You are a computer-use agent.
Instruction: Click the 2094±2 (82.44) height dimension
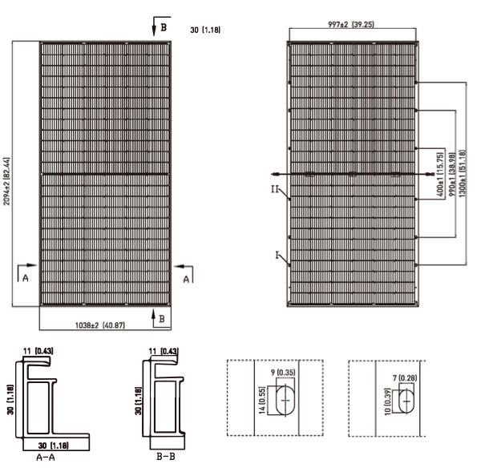pyautogui.click(x=6, y=181)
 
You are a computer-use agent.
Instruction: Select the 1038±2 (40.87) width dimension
pyautogui.click(x=100, y=325)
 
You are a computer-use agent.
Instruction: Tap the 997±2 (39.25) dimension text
pyautogui.click(x=351, y=24)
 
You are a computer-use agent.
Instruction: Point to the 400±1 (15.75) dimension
pyautogui.click(x=440, y=175)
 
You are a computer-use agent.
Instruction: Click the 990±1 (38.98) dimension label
pyautogui.click(x=452, y=175)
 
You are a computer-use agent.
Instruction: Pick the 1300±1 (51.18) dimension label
pyautogui.click(x=463, y=174)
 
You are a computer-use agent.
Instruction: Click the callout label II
pyautogui.click(x=275, y=189)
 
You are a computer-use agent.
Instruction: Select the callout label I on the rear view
pyautogui.click(x=277, y=255)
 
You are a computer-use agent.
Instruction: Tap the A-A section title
pyautogui.click(x=46, y=457)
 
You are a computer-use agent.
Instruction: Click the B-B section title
pyautogui.click(x=166, y=456)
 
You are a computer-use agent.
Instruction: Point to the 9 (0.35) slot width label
pyautogui.click(x=283, y=373)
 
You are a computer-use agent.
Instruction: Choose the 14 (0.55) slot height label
pyautogui.click(x=262, y=401)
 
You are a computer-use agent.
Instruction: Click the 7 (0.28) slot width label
pyautogui.click(x=405, y=377)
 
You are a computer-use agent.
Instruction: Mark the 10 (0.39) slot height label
pyautogui.click(x=387, y=401)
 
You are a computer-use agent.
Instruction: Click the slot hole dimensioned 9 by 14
pyautogui.click(x=285, y=401)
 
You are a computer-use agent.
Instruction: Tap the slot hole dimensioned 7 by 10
pyautogui.click(x=406, y=401)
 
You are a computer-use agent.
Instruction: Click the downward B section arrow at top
pyautogui.click(x=154, y=26)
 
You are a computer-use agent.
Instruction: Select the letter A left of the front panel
pyautogui.click(x=26, y=278)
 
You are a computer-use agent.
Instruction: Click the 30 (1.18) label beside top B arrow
pyautogui.click(x=205, y=30)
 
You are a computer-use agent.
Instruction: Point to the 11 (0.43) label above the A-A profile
pyautogui.click(x=38, y=351)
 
